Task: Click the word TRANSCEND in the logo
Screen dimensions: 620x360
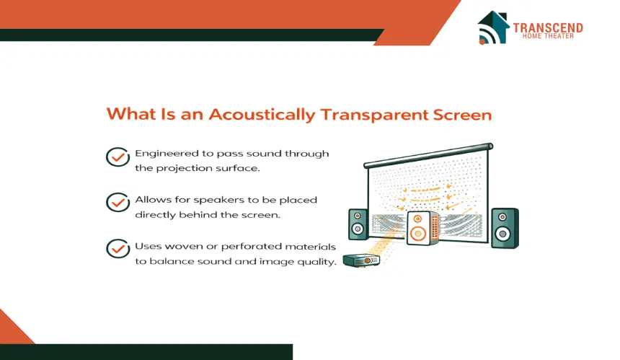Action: [x=548, y=27]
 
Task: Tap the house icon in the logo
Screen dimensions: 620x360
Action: [x=493, y=27]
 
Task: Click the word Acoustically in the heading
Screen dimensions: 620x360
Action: [x=262, y=115]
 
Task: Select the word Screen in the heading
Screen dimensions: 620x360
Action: [x=462, y=115]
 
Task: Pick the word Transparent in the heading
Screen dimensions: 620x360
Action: [x=374, y=115]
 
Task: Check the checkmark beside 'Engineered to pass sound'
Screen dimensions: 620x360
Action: [x=118, y=157]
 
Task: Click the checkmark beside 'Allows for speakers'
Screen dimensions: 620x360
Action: [x=118, y=202]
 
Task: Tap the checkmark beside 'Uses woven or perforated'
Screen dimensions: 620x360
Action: [x=118, y=248]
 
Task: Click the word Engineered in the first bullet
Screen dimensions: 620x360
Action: [x=167, y=154]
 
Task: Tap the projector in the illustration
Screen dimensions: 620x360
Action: [x=361, y=260]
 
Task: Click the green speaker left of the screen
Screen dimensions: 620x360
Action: [x=358, y=224]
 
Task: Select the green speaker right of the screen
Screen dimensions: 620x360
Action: [x=505, y=228]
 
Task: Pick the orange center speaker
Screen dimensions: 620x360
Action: [x=422, y=228]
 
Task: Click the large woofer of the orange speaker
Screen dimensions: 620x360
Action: [x=417, y=233]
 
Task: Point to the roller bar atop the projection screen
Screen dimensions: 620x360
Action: [x=428, y=155]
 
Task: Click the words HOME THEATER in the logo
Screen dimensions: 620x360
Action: [x=548, y=36]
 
